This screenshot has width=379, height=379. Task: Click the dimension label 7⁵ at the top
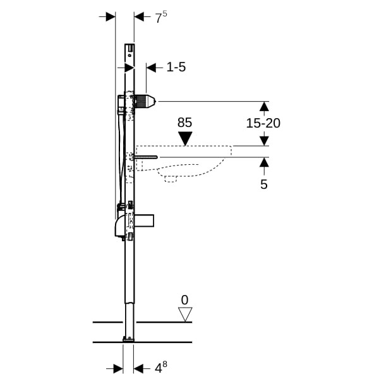161,18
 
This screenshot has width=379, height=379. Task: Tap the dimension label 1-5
176,67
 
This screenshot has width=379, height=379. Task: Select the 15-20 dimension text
263,123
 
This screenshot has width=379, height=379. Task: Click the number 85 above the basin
184,123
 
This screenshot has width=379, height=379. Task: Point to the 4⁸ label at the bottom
161,368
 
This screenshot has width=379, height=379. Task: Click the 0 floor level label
184,300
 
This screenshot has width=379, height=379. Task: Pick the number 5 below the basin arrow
264,184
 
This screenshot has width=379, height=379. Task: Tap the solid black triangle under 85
185,139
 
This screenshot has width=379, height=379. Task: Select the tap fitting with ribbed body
145,101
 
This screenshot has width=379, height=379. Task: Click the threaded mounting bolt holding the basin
145,157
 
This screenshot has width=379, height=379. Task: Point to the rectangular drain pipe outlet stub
144,220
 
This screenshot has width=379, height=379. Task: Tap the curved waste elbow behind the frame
120,226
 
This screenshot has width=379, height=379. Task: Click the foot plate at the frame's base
129,340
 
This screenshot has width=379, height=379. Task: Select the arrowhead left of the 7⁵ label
111,16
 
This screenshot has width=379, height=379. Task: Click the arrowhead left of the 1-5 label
151,68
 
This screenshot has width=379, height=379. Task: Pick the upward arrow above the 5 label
264,166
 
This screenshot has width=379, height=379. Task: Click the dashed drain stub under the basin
171,179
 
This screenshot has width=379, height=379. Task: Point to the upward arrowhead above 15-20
264,107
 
